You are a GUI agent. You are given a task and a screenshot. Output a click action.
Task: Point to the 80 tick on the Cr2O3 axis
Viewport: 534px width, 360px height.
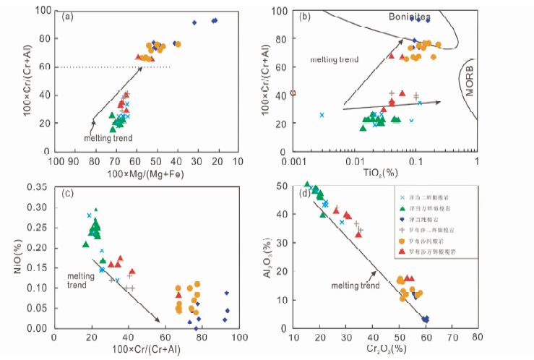[x=478, y=337]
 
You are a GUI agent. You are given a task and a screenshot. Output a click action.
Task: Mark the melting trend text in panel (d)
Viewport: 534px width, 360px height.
[x=355, y=286]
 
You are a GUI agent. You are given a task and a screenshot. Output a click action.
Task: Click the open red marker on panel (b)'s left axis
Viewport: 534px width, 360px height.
[x=293, y=93]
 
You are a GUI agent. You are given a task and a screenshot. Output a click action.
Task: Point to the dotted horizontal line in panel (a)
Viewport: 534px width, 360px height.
[x=108, y=67]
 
